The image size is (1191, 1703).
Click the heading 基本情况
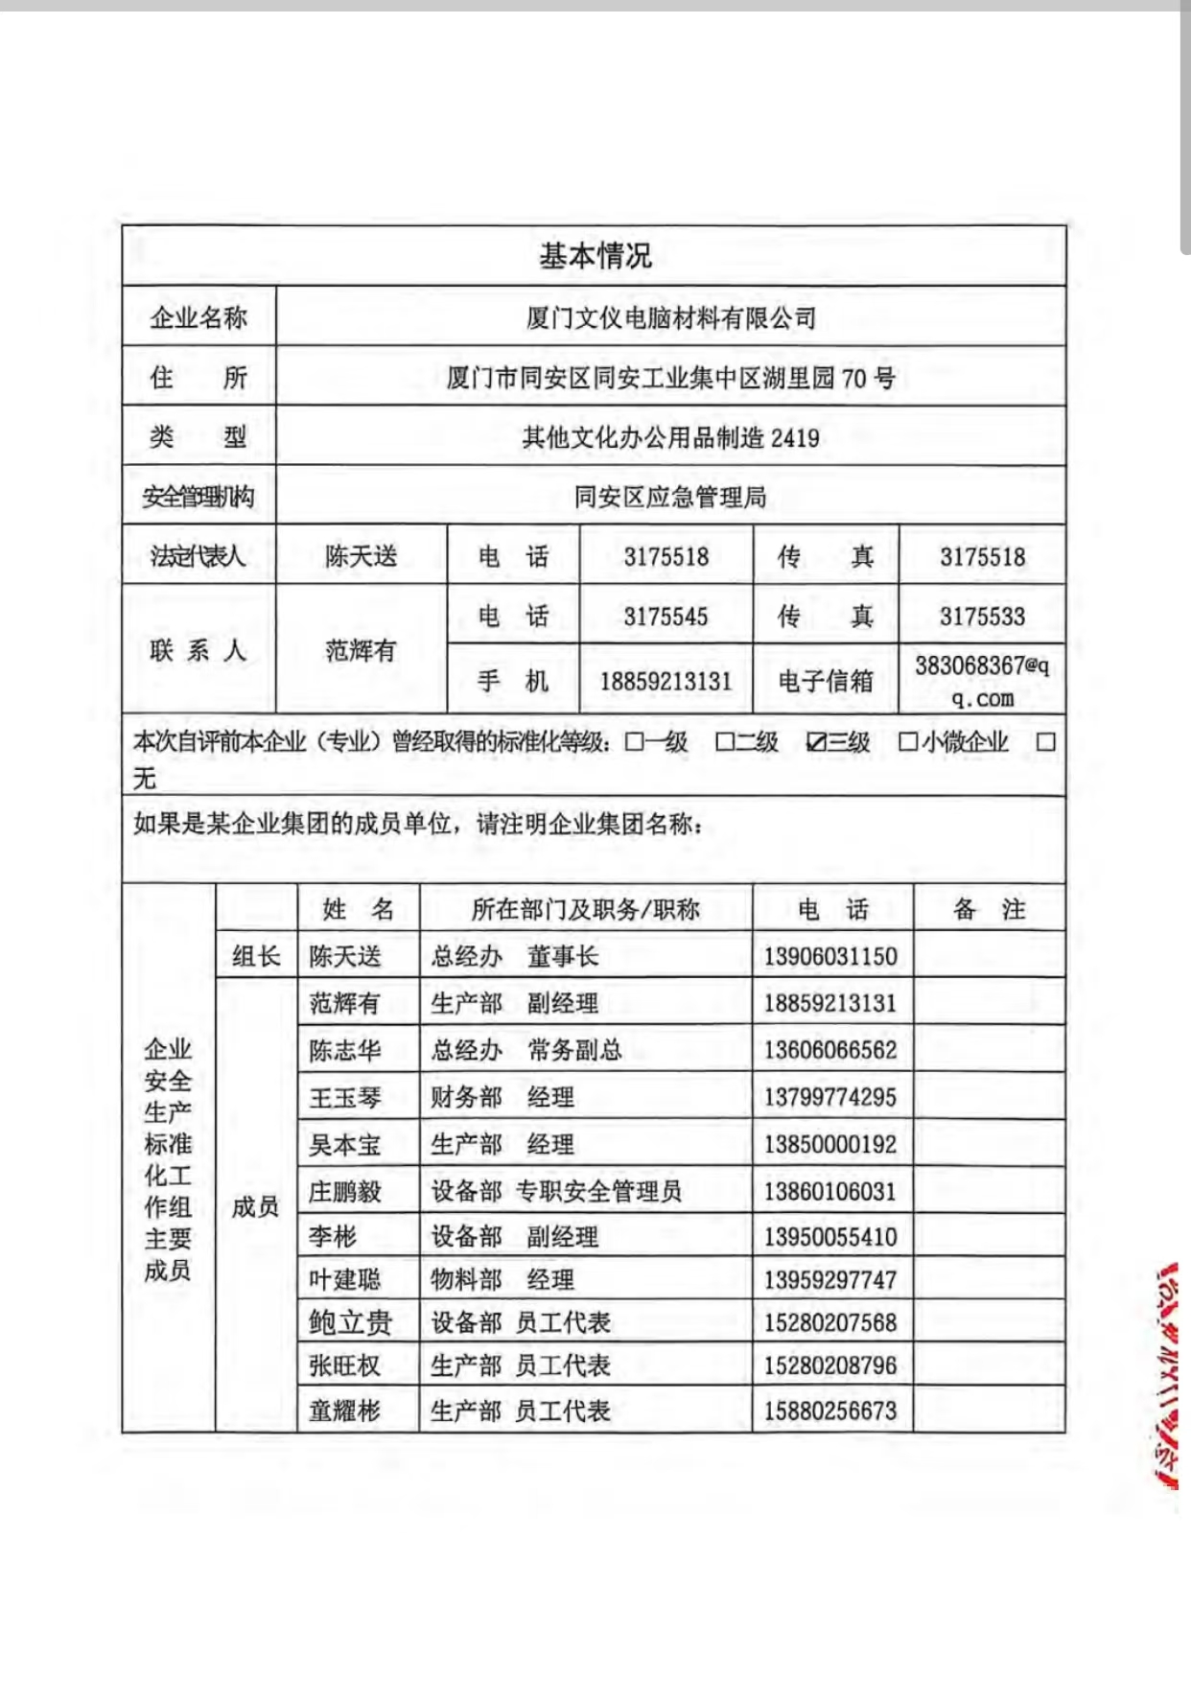click(x=595, y=256)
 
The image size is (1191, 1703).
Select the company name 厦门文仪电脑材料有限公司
click(x=670, y=317)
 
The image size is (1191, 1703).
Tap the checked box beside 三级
click(x=816, y=742)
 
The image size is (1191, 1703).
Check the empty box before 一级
click(x=634, y=742)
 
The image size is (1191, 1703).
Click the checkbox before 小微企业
click(x=907, y=742)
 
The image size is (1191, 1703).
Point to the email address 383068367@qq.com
click(x=982, y=681)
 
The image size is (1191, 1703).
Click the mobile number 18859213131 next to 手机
click(x=666, y=682)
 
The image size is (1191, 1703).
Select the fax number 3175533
click(x=982, y=616)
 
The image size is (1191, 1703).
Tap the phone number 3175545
click(x=666, y=616)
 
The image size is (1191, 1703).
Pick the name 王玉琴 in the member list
click(x=345, y=1097)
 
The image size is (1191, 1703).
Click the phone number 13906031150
click(x=830, y=956)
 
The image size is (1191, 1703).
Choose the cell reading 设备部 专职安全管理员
click(x=556, y=1192)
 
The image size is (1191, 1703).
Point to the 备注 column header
click(x=989, y=909)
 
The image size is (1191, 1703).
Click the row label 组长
click(x=256, y=956)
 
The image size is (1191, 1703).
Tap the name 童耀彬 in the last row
click(x=345, y=1411)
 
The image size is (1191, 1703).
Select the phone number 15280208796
click(x=830, y=1365)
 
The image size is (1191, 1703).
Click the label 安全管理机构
click(x=198, y=497)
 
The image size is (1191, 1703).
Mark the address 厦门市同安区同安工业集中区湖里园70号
click(x=670, y=378)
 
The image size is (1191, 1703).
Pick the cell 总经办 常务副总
click(x=526, y=1050)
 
